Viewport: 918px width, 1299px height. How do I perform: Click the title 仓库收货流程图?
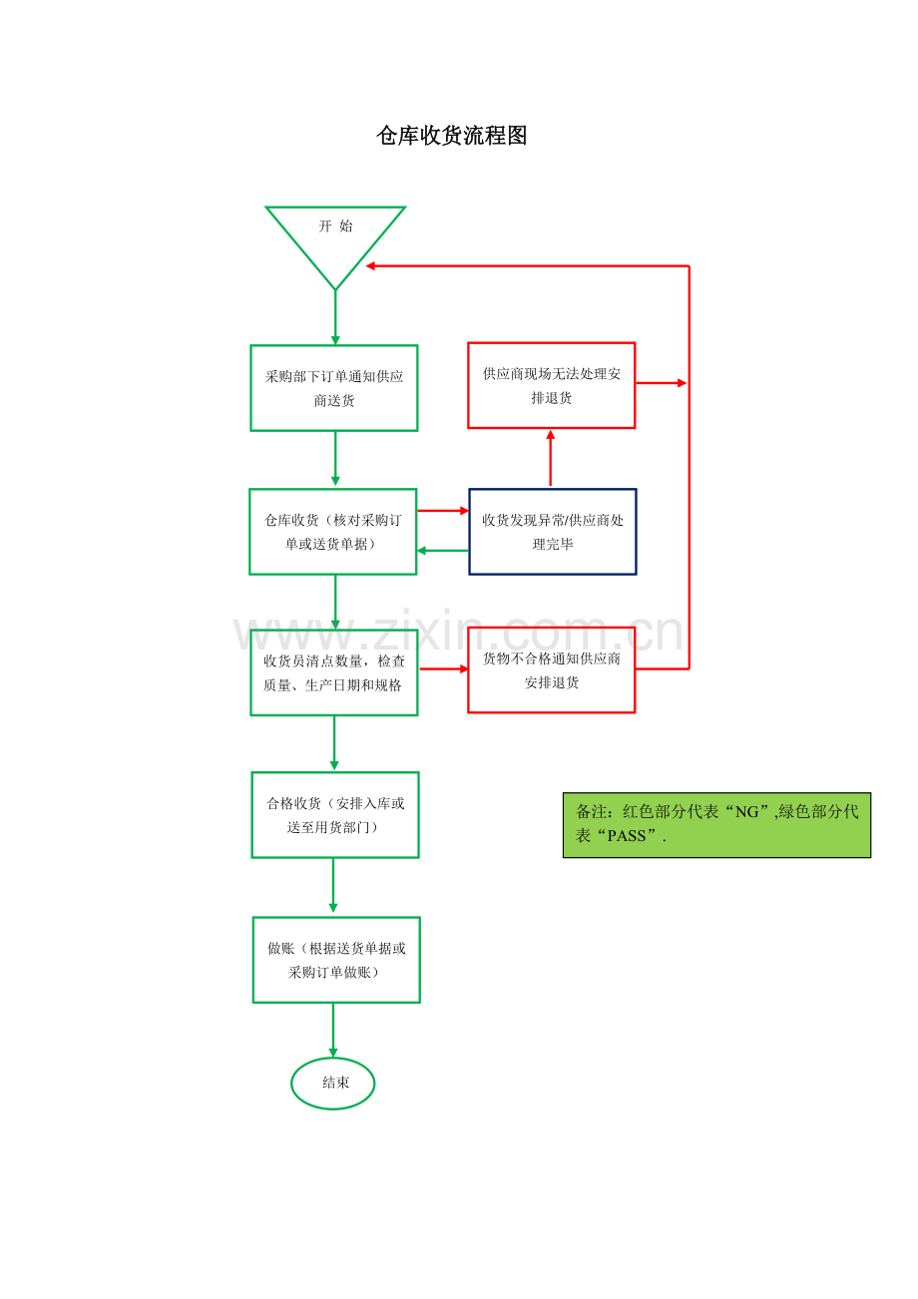coord(451,136)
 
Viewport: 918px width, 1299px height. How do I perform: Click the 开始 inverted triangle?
coord(335,235)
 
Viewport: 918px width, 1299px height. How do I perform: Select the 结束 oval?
coord(333,1083)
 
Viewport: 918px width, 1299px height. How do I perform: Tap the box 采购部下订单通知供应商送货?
coord(334,388)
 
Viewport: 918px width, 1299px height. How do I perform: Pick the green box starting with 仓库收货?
coord(333,532)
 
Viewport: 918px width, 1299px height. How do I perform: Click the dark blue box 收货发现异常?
coord(553,532)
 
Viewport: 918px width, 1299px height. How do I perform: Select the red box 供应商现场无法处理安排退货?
coord(552,386)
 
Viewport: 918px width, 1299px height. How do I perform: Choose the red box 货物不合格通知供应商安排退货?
coord(552,670)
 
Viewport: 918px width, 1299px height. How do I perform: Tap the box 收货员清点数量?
coord(334,672)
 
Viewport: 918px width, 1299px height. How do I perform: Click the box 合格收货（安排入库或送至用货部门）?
coord(335,815)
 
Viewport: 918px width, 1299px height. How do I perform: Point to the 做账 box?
coord(336,960)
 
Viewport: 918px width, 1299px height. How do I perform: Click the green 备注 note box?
coord(716,825)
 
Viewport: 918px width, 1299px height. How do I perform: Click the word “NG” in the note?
coord(746,812)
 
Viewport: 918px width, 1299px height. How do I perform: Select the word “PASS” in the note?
coord(627,836)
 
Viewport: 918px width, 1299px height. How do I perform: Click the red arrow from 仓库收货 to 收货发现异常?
coord(443,511)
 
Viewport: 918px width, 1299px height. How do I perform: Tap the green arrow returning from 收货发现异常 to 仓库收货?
coord(442,551)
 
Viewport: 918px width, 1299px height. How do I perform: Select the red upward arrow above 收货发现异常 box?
coord(550,458)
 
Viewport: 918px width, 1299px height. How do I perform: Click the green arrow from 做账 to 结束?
coord(333,1031)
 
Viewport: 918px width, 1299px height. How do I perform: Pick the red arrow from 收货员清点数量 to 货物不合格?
coord(444,668)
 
